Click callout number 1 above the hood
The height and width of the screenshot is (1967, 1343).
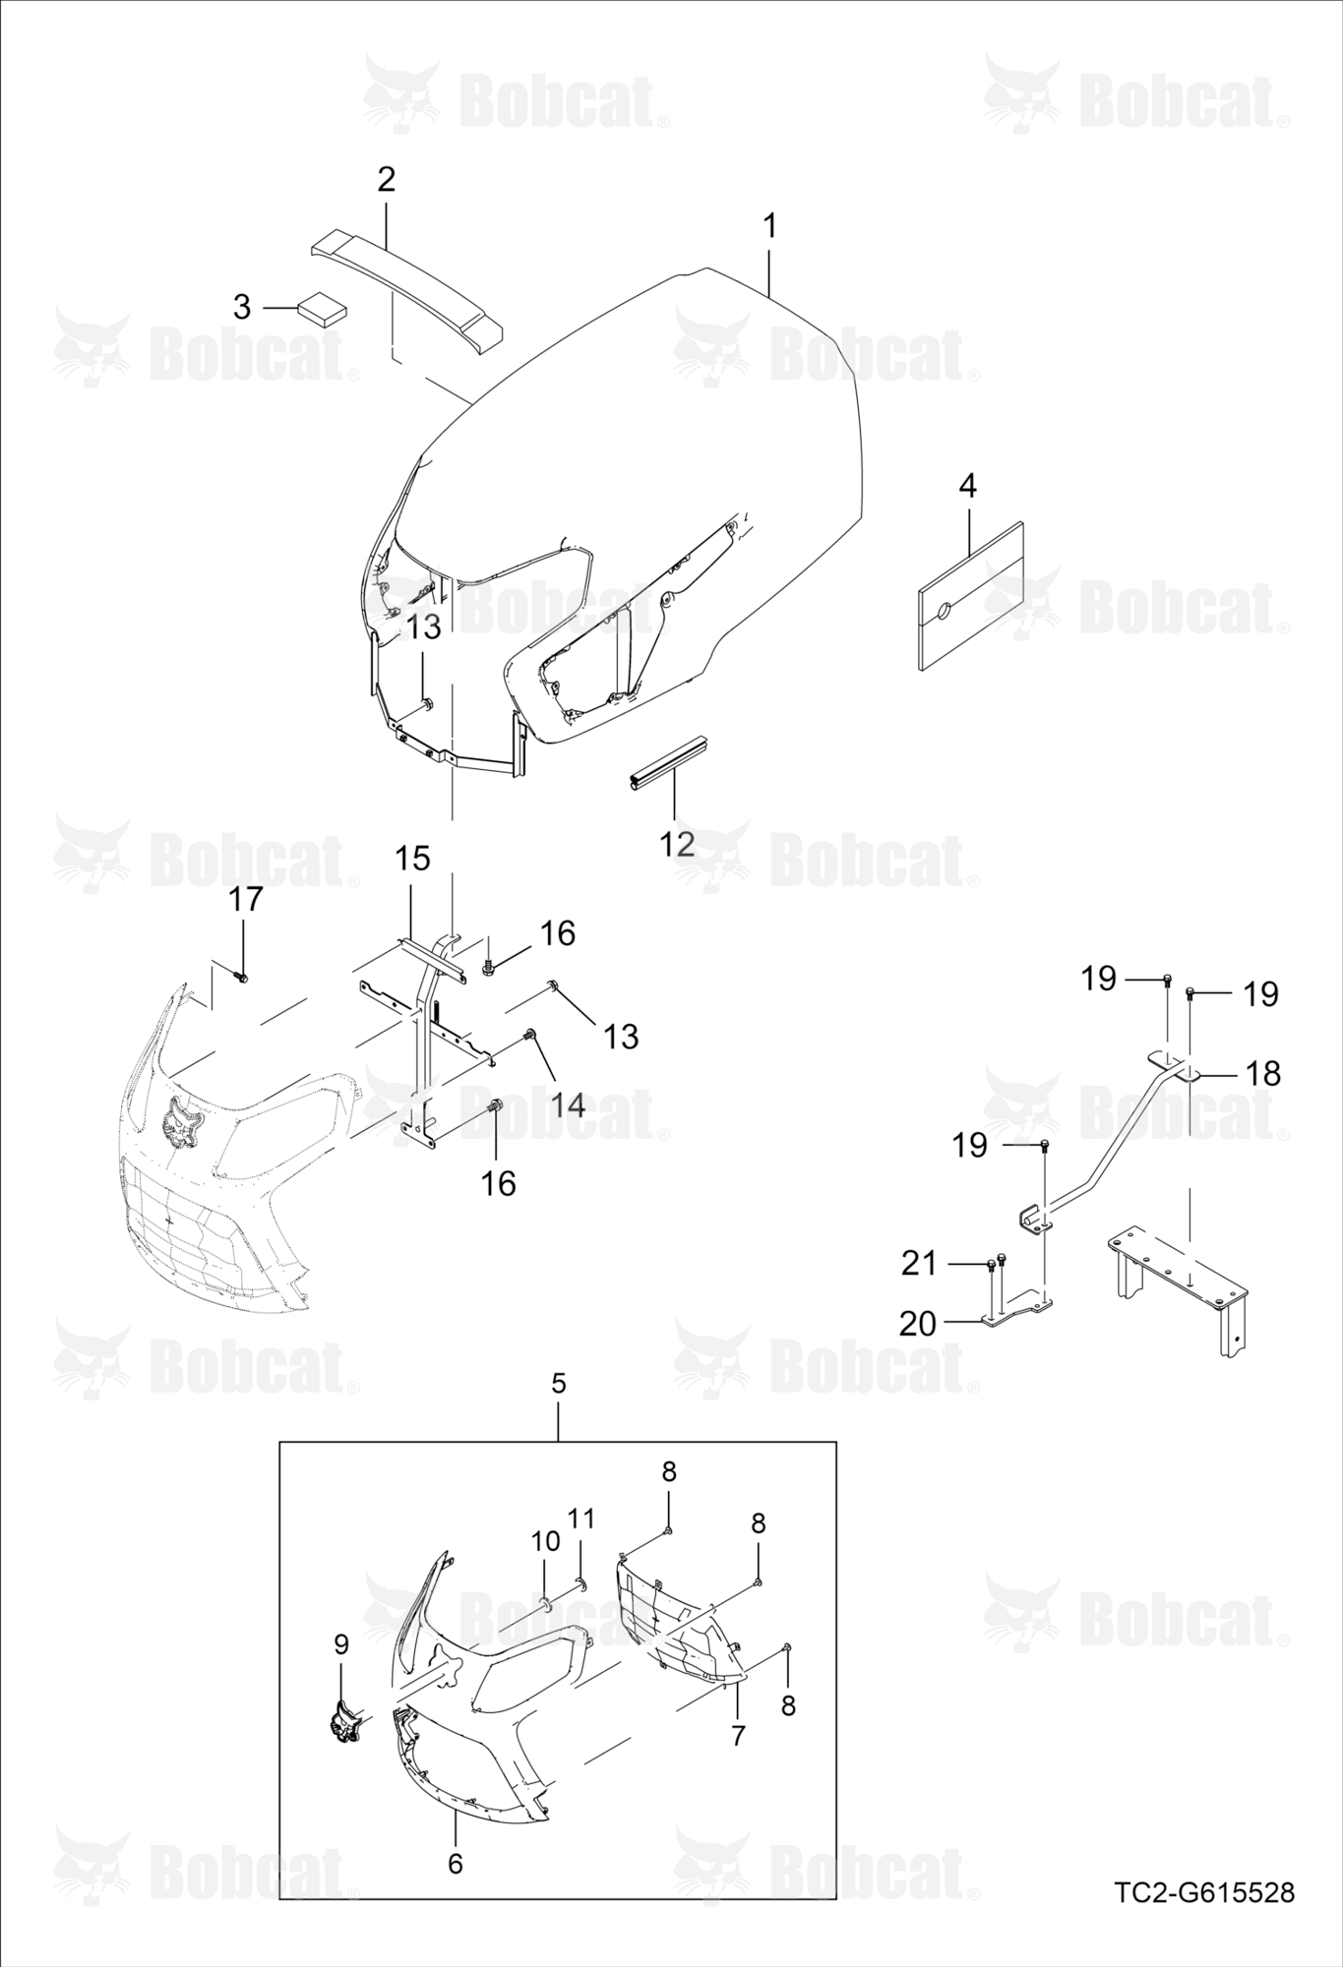click(770, 227)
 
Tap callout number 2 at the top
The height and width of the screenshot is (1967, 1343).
click(386, 180)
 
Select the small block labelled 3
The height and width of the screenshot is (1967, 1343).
click(323, 308)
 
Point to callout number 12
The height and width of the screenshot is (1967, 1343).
click(677, 843)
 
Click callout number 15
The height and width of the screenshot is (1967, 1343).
click(413, 859)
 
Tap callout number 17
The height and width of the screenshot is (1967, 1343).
click(246, 898)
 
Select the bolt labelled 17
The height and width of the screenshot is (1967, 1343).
click(240, 976)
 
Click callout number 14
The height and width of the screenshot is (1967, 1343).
click(568, 1104)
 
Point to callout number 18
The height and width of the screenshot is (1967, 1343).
click(1263, 1073)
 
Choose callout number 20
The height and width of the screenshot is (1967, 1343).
click(918, 1324)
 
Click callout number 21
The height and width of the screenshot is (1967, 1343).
click(919, 1263)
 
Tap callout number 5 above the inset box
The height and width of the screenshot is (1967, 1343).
click(558, 1384)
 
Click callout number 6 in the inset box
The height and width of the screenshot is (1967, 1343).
click(455, 1863)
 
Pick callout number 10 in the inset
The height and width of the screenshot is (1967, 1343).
click(545, 1540)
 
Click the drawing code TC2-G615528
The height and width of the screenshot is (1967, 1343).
click(1204, 1892)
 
